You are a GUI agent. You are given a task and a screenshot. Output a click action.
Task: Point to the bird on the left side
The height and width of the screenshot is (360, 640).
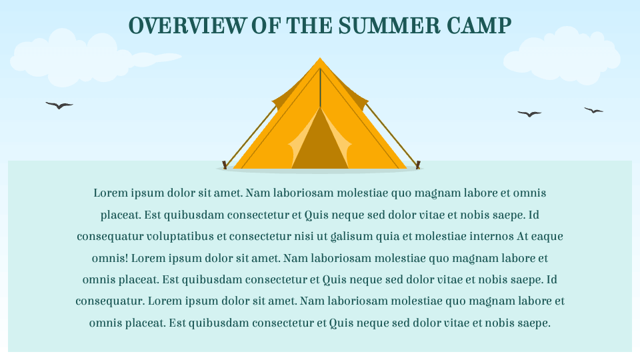(x=59, y=105)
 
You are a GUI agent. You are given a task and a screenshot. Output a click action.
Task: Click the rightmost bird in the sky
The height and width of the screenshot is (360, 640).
(x=593, y=110)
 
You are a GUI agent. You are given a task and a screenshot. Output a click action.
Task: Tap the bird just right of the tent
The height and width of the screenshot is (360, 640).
(x=529, y=114)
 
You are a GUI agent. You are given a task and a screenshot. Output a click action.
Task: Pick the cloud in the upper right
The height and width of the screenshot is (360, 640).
(x=563, y=57)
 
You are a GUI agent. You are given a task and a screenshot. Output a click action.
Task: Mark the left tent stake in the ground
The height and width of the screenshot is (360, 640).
(x=225, y=164)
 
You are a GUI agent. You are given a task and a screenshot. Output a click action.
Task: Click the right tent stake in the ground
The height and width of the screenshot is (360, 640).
(x=418, y=164)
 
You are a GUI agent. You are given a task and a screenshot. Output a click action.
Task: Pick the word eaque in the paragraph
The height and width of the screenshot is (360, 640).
(x=549, y=236)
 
